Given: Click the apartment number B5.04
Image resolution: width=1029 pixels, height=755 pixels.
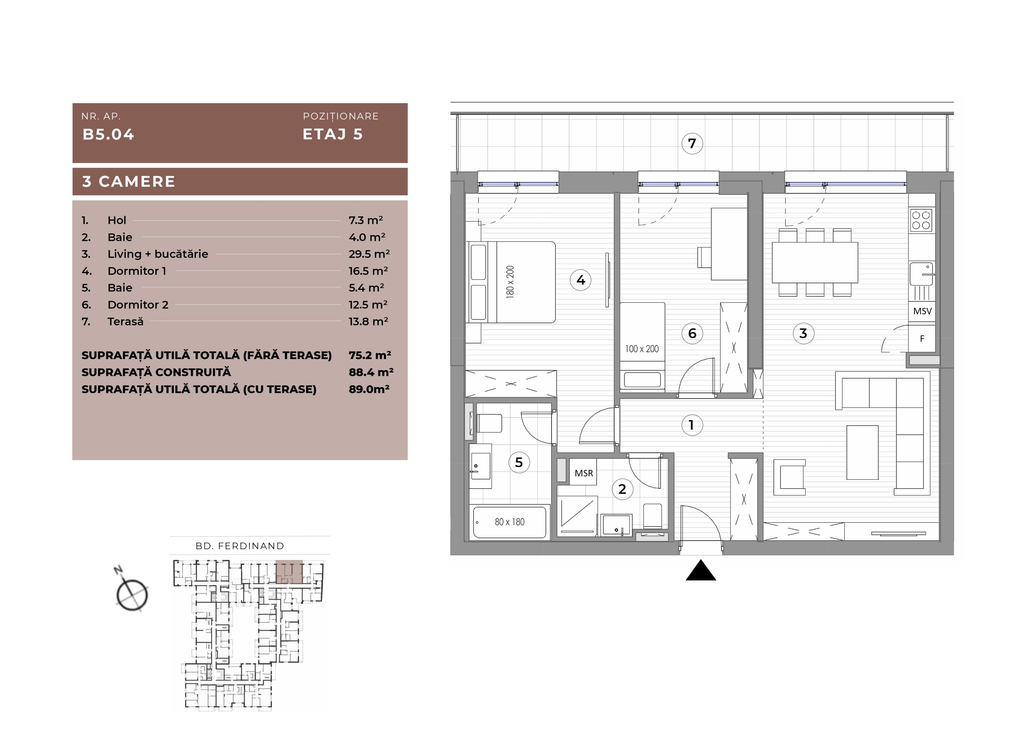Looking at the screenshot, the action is click(x=108, y=134).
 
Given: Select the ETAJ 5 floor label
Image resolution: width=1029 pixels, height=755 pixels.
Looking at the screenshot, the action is click(x=333, y=134).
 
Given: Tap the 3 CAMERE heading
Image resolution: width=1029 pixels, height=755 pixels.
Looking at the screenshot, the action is click(x=128, y=181).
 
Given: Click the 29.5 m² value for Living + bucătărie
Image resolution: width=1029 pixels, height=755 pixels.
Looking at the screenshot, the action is click(x=369, y=254).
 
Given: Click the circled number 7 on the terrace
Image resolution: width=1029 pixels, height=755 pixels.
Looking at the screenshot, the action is click(x=692, y=144).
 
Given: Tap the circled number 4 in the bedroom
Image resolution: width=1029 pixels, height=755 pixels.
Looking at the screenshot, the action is click(x=581, y=280).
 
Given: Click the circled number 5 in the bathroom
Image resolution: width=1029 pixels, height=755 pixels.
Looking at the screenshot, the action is click(x=519, y=462).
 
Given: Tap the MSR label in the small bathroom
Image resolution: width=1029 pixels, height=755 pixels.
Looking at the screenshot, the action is click(x=584, y=473).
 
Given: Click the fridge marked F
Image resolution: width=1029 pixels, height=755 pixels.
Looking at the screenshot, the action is click(x=922, y=339).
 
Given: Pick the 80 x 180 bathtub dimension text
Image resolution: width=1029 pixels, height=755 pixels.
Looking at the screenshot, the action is click(x=510, y=522).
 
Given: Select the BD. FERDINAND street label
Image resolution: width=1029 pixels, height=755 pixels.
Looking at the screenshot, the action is click(x=240, y=546).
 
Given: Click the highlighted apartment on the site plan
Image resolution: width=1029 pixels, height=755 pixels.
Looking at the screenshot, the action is click(x=289, y=572).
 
